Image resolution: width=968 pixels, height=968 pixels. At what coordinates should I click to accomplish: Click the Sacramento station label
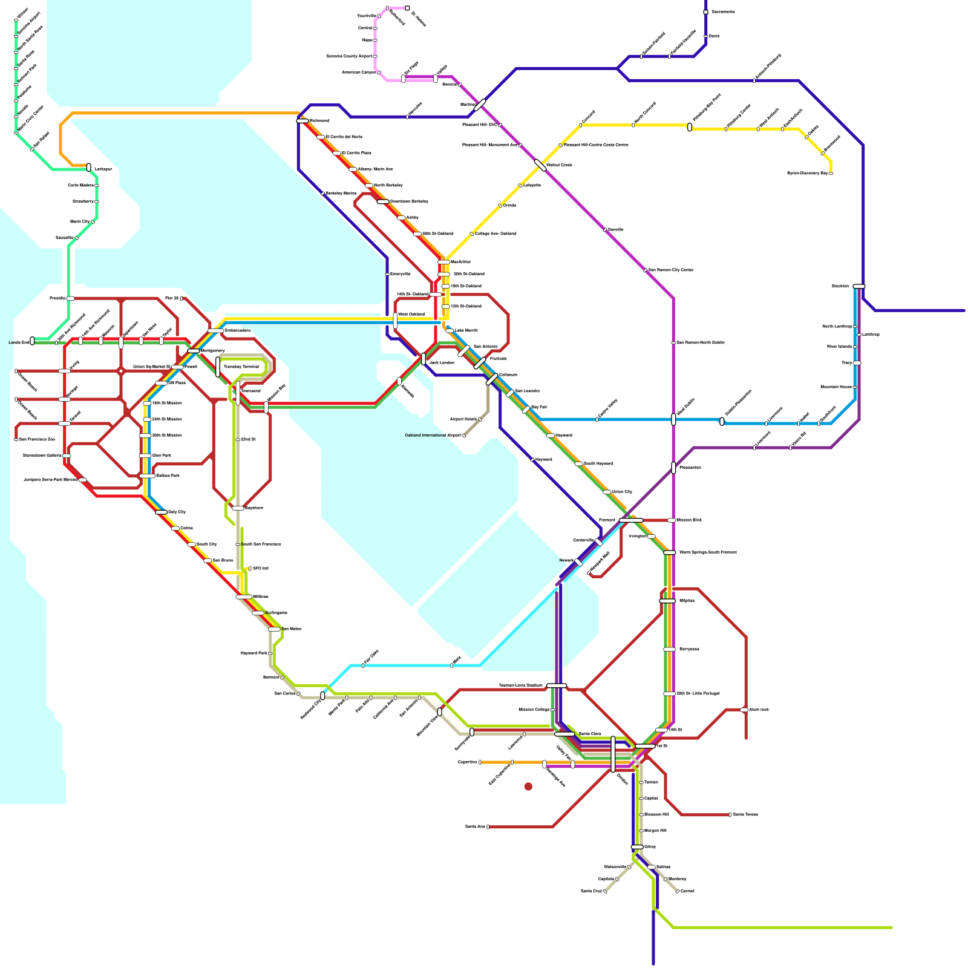723,12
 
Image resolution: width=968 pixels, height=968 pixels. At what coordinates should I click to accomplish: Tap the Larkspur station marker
89,167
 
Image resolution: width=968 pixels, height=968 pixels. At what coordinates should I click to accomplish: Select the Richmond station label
319,121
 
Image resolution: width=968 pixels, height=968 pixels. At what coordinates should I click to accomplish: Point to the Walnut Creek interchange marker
540,165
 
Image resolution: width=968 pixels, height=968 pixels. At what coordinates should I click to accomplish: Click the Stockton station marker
858,286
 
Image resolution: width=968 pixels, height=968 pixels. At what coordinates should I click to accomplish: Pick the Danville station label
616,230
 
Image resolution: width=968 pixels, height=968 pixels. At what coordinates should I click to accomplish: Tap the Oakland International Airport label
433,435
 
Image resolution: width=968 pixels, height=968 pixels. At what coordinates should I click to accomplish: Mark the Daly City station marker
161,512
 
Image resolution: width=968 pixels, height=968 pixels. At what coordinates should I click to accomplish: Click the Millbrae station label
261,597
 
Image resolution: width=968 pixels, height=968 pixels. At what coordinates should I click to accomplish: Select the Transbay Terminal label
241,367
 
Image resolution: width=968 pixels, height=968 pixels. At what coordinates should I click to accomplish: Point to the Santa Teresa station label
745,814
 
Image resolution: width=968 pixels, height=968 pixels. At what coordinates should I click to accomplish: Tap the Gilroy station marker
637,847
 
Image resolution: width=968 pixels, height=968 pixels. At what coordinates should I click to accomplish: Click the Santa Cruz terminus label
591,891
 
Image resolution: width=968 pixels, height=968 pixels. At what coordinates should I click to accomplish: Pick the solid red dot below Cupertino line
528,786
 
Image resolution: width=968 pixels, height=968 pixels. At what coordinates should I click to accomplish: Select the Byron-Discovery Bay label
807,174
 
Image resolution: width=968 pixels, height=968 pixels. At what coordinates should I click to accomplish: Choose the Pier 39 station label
172,298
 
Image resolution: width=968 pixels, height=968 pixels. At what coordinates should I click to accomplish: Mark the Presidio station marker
71,298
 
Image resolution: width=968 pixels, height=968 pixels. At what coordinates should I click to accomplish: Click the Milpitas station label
687,601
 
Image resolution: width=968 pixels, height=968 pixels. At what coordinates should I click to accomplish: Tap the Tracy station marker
857,363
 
